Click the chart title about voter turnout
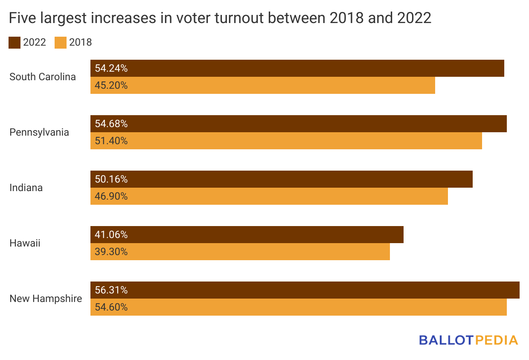pyautogui.click(x=220, y=18)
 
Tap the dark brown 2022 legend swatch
pyautogui.click(x=15, y=43)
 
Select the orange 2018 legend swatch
pyautogui.click(x=61, y=43)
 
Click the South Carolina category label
pyautogui.click(x=43, y=77)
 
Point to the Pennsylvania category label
pyautogui.click(x=39, y=132)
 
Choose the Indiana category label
pyautogui.click(x=26, y=188)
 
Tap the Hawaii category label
pyautogui.click(x=25, y=243)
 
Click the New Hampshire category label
pyautogui.click(x=46, y=299)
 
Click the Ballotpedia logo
pyautogui.click(x=468, y=340)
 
